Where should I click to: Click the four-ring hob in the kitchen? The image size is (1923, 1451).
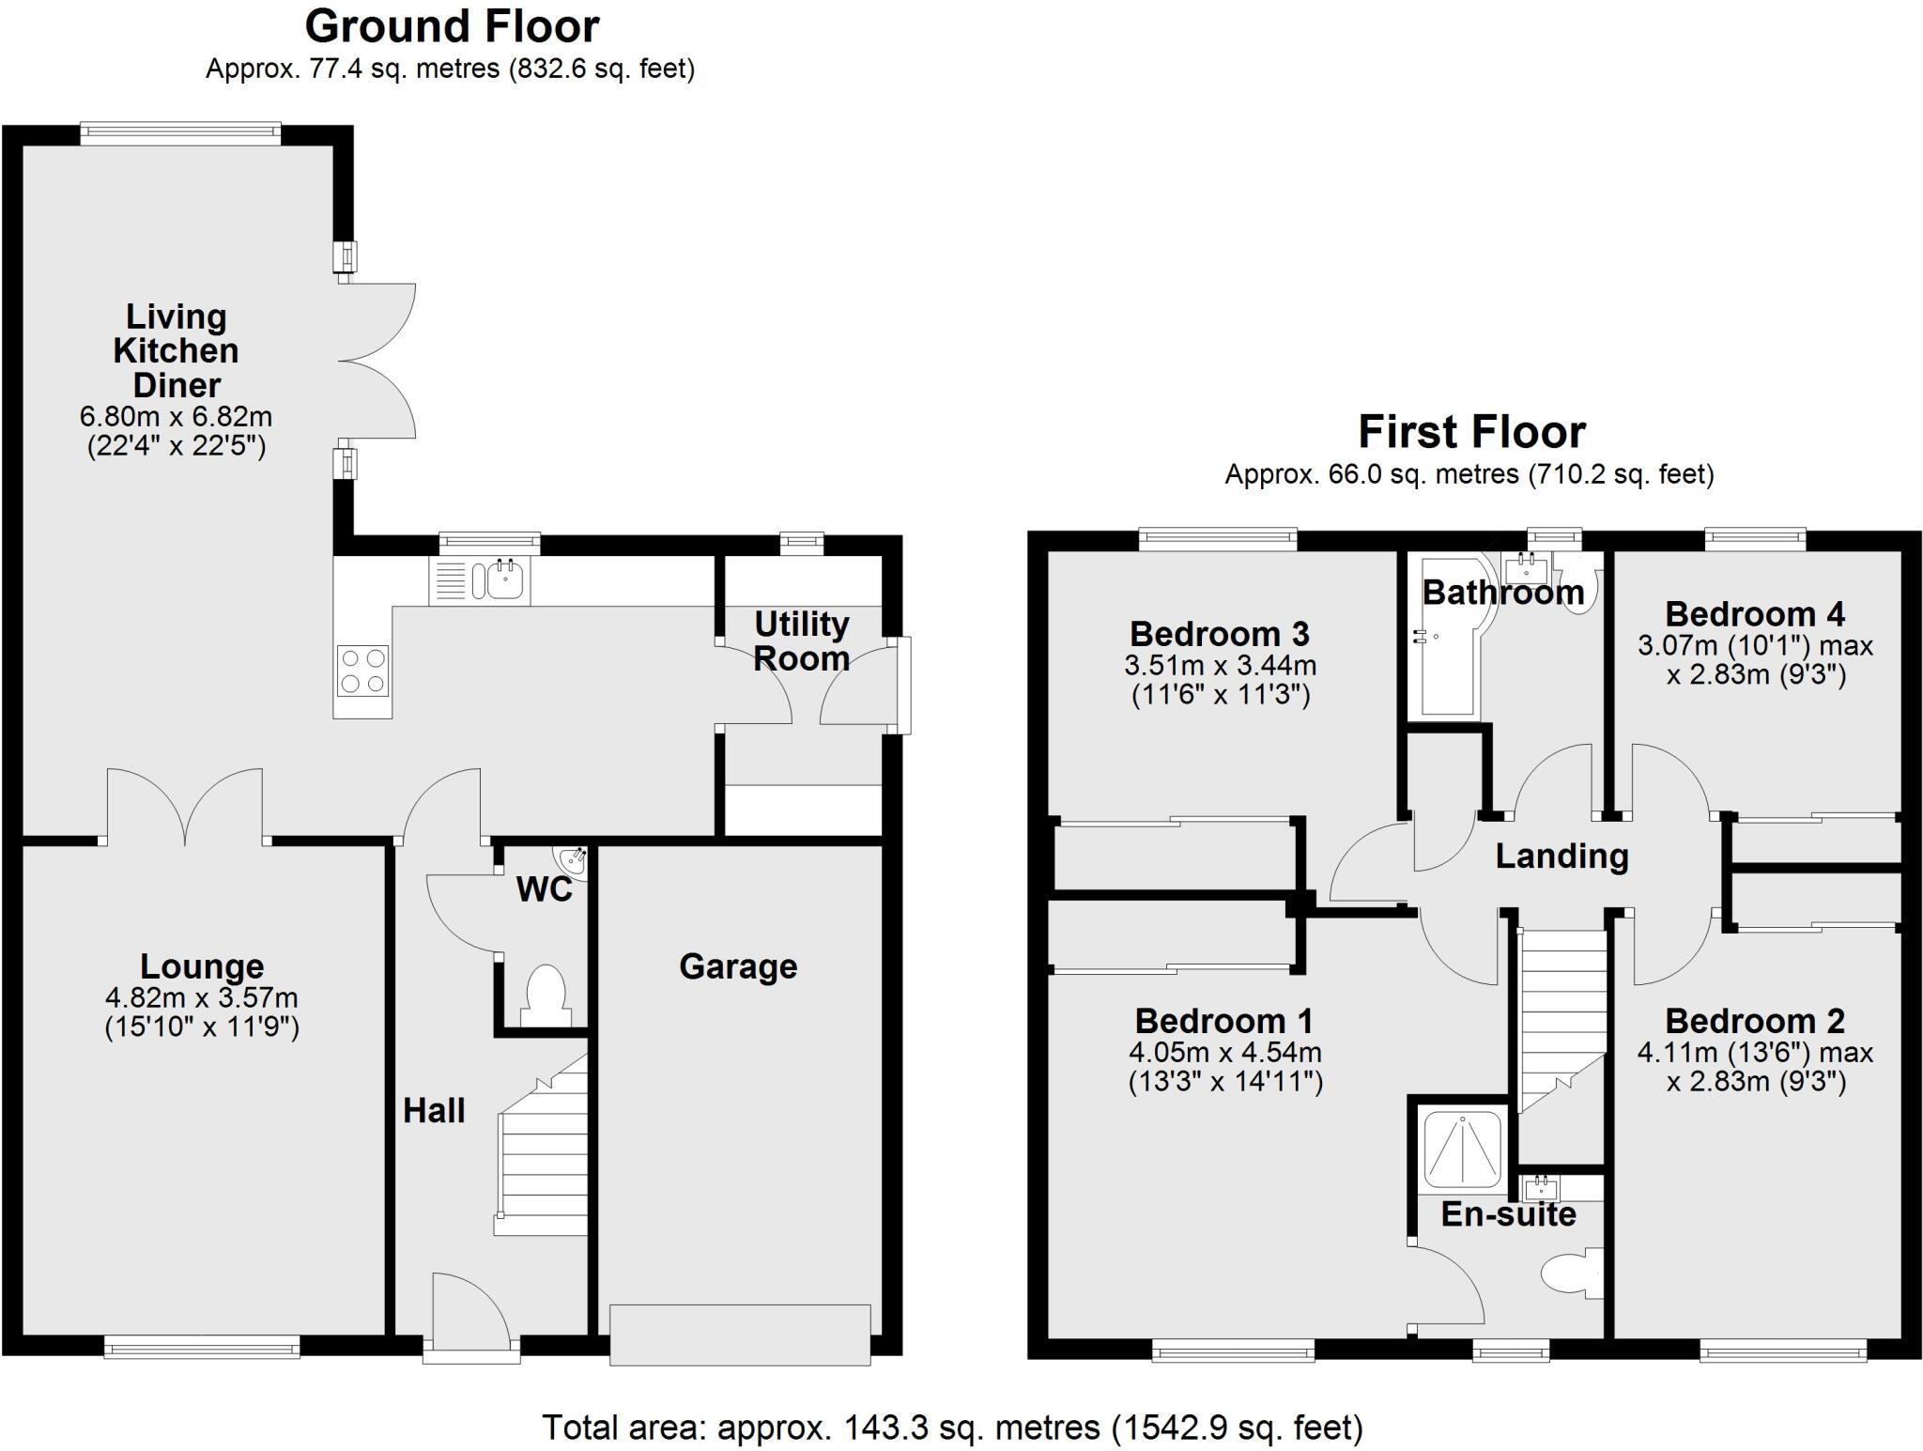(x=362, y=671)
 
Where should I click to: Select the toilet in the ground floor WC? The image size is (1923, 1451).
(x=546, y=997)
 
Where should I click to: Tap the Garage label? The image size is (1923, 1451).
(x=738, y=966)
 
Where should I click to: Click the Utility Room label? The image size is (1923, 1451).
(x=801, y=641)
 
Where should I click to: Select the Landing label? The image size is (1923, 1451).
(x=1561, y=856)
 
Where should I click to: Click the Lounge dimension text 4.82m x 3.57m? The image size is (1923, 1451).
(x=202, y=997)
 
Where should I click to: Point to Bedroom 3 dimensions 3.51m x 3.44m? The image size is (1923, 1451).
(x=1220, y=666)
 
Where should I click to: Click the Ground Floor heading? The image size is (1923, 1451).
(x=452, y=26)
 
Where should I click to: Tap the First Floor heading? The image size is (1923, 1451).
(x=1471, y=433)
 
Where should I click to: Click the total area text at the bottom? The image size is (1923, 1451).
(x=952, y=1428)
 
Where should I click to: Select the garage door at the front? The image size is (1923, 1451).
(x=740, y=1334)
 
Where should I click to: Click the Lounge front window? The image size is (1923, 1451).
(x=202, y=1348)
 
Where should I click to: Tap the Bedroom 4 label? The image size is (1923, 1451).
(x=1754, y=614)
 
